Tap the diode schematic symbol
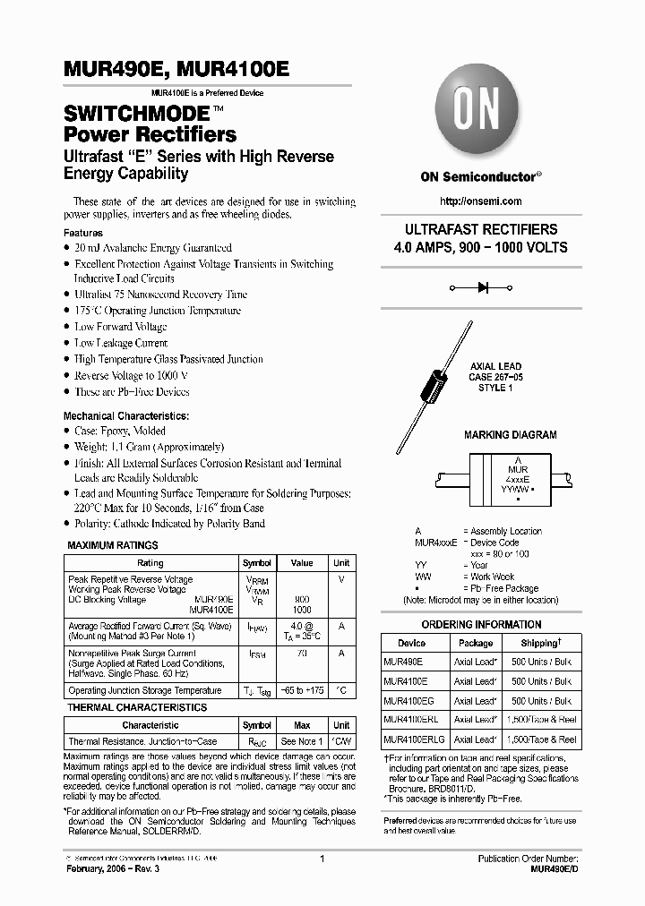(482, 288)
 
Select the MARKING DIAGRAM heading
(510, 435)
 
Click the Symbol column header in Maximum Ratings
(258, 563)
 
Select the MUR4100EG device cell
(408, 701)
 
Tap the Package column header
(475, 643)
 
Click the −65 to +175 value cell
(302, 691)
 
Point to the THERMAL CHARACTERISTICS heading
(137, 707)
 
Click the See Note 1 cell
(302, 742)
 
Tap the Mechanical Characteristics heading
(125, 416)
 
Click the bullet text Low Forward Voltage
(120, 327)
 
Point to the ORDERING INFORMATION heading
(481, 625)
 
